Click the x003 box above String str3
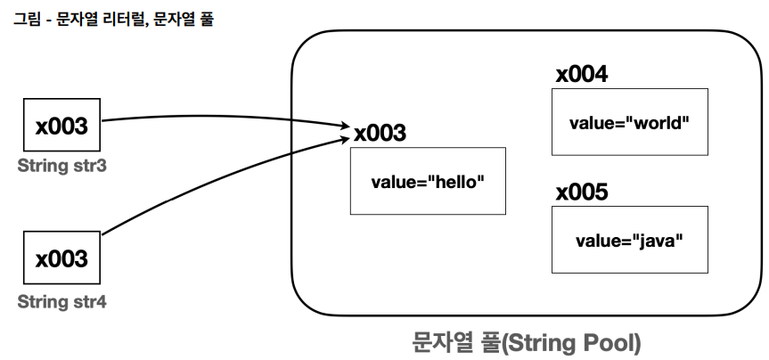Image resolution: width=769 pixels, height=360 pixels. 61,125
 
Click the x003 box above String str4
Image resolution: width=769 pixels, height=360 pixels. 61,258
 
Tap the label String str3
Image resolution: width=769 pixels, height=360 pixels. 61,167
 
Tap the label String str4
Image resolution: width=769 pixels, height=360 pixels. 61,302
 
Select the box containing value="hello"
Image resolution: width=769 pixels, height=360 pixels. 428,181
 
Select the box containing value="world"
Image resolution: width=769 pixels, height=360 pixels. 630,122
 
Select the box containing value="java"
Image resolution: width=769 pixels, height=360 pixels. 630,240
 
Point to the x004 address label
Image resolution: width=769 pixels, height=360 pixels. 582,75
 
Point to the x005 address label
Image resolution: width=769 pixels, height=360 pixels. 582,192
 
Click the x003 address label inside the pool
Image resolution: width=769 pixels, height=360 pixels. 380,133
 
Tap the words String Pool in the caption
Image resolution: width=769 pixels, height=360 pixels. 572,343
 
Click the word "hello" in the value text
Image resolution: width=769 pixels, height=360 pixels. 455,182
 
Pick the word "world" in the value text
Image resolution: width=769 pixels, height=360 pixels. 659,123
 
